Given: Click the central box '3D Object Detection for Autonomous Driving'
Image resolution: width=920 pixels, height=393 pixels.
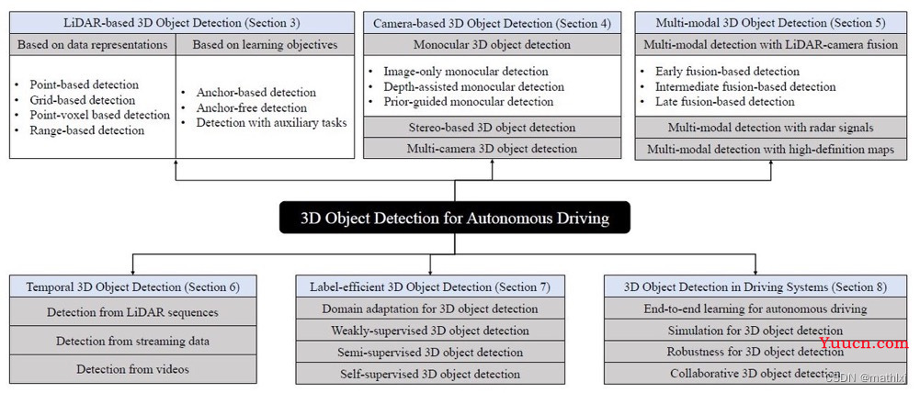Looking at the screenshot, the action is (x=455, y=219).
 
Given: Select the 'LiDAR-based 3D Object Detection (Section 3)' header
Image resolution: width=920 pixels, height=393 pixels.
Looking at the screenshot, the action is (x=182, y=23).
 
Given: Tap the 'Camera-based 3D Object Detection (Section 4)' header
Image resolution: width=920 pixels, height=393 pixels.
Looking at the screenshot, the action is (x=492, y=24).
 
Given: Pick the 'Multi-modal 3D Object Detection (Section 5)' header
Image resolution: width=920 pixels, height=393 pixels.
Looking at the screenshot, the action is (x=770, y=24).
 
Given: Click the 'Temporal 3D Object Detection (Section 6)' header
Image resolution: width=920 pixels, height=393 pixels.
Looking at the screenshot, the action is (x=133, y=286).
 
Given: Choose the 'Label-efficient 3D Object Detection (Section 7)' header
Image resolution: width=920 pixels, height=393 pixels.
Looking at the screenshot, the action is (x=430, y=286).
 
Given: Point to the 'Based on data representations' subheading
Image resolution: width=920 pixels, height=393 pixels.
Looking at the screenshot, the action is (x=93, y=45).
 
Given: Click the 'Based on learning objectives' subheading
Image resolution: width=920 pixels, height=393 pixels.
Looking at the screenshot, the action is (x=266, y=45).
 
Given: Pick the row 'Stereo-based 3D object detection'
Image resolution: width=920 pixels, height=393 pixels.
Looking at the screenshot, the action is (x=492, y=128).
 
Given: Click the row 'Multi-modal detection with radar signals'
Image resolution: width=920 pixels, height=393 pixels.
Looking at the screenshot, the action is (x=770, y=128).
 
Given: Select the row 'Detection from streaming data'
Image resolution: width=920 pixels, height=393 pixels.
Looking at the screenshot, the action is (x=133, y=341).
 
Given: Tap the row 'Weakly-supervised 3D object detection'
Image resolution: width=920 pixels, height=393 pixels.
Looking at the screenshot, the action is (x=430, y=331).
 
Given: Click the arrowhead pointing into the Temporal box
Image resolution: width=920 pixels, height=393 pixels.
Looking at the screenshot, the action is (x=132, y=272).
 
